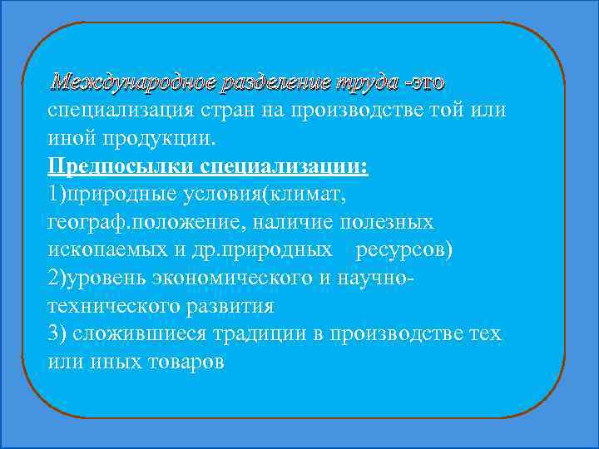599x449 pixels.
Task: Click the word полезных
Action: click(390, 222)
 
